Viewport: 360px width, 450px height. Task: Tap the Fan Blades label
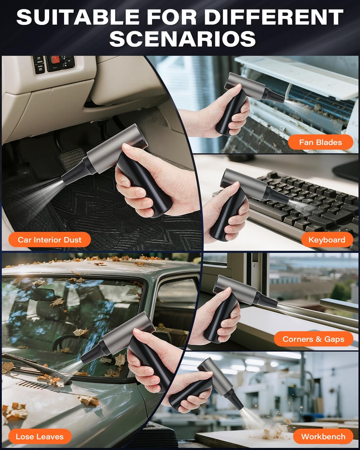tap(320, 142)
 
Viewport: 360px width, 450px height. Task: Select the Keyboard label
tap(327, 240)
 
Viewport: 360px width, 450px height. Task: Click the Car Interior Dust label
tap(49, 240)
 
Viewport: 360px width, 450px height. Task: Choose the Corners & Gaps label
tap(313, 339)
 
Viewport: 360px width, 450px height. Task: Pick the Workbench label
tap(323, 436)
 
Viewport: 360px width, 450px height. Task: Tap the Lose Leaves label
tap(40, 436)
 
